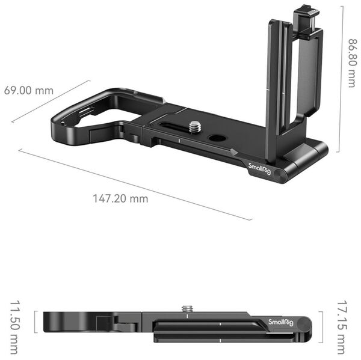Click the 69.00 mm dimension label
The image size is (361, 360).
tap(28, 91)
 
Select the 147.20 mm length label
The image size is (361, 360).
tap(120, 198)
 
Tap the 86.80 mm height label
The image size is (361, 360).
tap(351, 63)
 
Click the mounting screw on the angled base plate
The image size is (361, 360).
tap(195, 127)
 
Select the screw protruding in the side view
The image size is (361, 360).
tap(188, 308)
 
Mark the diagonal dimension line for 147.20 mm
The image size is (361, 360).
tap(135, 184)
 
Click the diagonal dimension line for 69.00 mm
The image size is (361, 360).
tap(51, 102)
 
